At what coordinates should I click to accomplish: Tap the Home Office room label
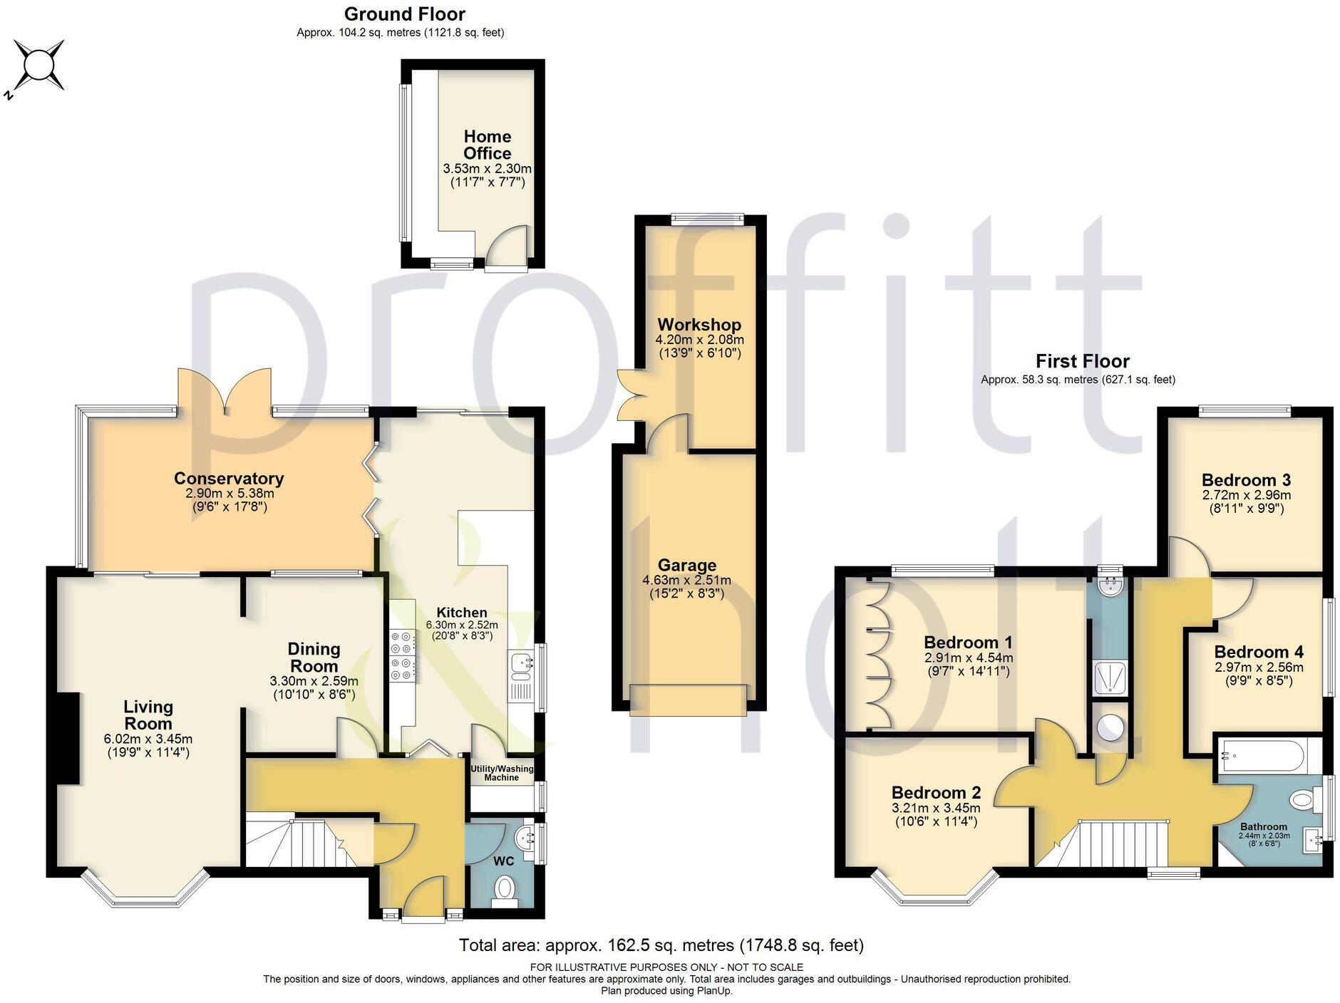[487, 145]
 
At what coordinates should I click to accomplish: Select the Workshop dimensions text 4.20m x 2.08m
[699, 340]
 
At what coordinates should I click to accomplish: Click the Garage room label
[686, 565]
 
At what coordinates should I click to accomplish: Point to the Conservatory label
[229, 479]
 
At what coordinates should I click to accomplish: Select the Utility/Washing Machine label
[501, 773]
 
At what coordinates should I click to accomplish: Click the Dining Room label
[314, 658]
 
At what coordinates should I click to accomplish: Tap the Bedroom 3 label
[1245, 479]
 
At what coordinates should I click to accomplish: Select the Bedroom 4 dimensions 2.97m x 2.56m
[1258, 667]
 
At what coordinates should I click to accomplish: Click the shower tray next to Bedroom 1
[1110, 677]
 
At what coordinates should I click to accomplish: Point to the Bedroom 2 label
[935, 792]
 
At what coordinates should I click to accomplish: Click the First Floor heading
[1082, 361]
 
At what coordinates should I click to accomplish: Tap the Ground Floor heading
[404, 14]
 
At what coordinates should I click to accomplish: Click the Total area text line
[661, 945]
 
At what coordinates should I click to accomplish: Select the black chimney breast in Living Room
[68, 738]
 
